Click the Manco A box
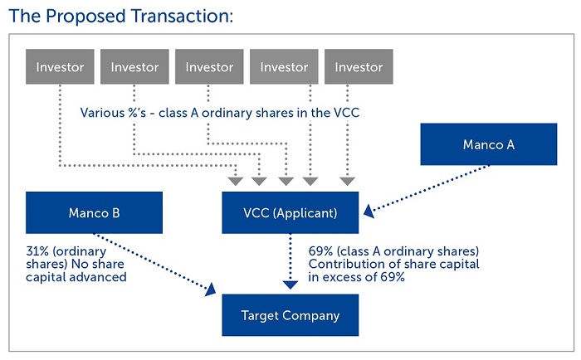tap(488, 144)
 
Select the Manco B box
tap(94, 212)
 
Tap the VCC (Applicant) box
tap(290, 212)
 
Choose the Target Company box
tap(290, 315)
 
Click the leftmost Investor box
tap(60, 66)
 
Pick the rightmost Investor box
tap(359, 66)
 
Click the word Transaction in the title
tap(182, 17)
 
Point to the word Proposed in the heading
tap(86, 17)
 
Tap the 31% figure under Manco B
tap(37, 251)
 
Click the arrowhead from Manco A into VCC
tap(369, 212)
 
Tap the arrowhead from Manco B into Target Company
tap(210, 289)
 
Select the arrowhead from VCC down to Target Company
tap(290, 285)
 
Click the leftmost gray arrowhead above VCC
tap(235, 181)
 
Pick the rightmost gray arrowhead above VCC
tap(347, 181)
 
